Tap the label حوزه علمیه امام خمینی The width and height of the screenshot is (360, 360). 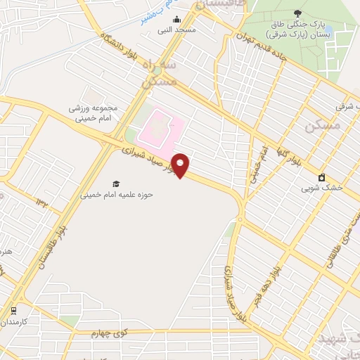[x=117, y=194]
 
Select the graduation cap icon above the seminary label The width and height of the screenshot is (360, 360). [x=116, y=184]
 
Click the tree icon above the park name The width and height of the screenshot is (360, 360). [x=297, y=13]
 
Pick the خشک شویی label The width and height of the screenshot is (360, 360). [x=322, y=188]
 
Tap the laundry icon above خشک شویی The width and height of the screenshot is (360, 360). [x=322, y=176]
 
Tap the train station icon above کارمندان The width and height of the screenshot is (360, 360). [x=13, y=310]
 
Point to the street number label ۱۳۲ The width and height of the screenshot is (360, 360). [x=41, y=202]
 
